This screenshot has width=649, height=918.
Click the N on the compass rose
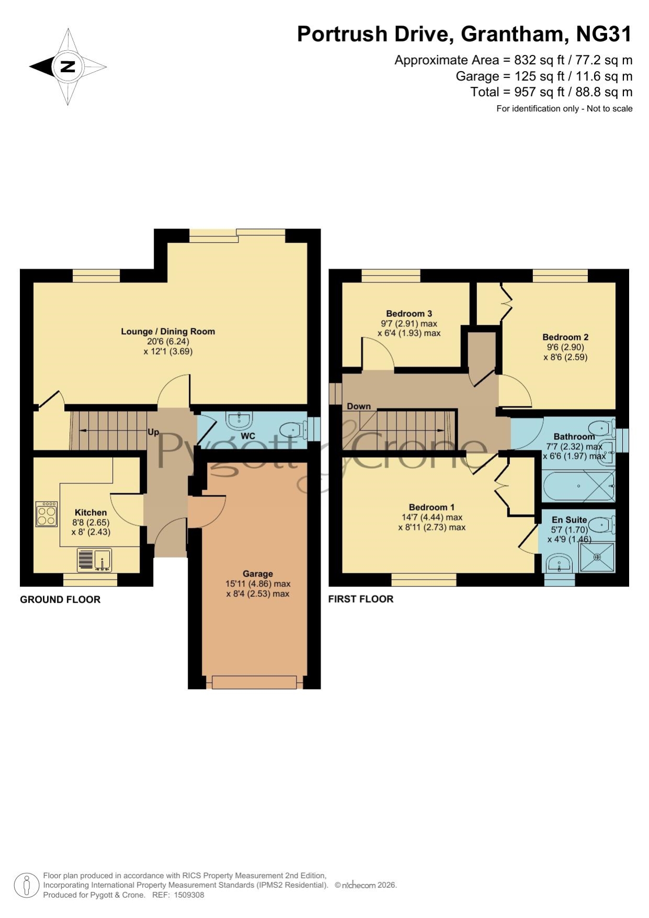[67, 66]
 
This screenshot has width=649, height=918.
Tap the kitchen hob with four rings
[47, 514]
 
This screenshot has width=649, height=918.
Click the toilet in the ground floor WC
[292, 430]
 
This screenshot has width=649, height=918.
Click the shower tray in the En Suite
[597, 557]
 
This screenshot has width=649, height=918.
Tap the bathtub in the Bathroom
[579, 486]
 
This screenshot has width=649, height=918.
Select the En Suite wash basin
[559, 565]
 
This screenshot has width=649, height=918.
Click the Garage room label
[258, 574]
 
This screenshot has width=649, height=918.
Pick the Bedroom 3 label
[409, 314]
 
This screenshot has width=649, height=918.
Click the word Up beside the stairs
[153, 433]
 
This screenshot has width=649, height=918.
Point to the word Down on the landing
[359, 406]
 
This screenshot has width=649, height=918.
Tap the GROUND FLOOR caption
[60, 599]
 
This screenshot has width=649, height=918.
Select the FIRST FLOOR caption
[361, 599]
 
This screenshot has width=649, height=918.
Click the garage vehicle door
[255, 682]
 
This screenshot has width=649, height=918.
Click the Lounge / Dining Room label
[168, 331]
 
